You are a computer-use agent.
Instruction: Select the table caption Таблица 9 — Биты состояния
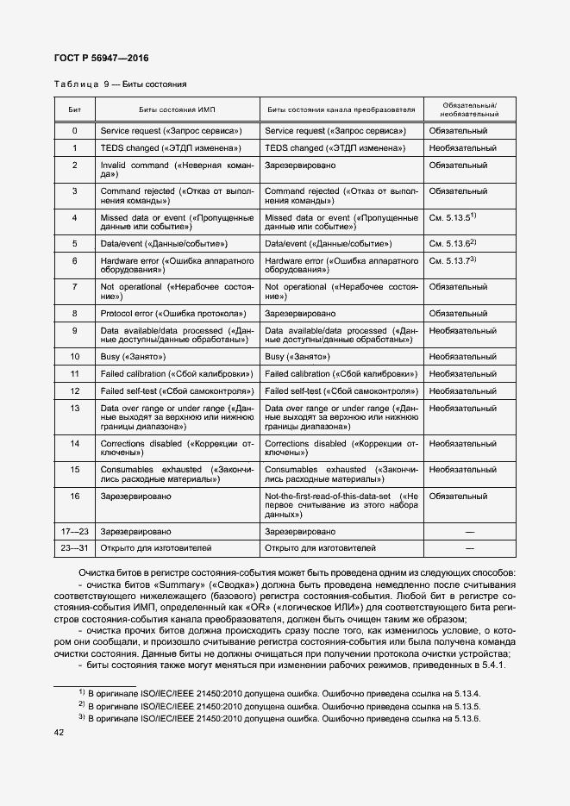pos(120,84)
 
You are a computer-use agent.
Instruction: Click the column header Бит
pos(74,109)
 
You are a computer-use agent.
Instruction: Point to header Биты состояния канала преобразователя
pos(341,109)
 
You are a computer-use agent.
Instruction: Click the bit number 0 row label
pos(74,131)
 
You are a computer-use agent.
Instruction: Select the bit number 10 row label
pos(74,356)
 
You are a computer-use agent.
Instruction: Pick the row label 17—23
pos(74,532)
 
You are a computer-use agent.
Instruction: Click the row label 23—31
pos(74,547)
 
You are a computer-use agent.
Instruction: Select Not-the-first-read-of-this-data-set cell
pos(341,505)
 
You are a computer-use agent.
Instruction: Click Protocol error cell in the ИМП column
pos(173,313)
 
